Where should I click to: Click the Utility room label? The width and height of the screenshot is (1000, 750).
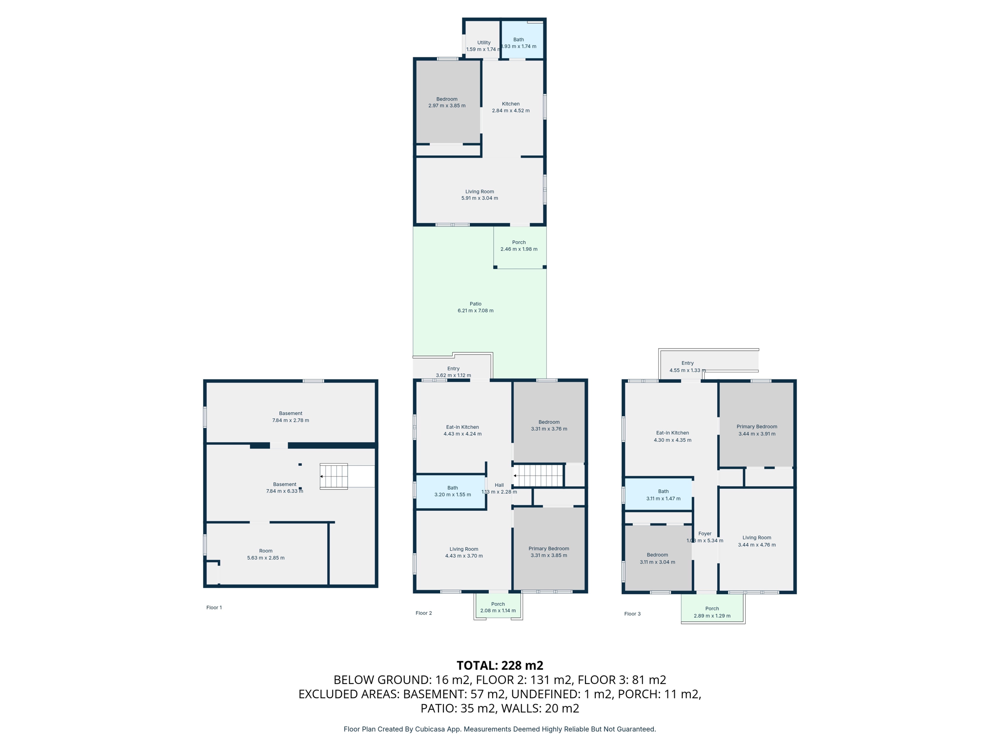(x=483, y=43)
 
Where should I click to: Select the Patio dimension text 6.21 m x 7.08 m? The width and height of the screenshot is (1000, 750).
(x=475, y=311)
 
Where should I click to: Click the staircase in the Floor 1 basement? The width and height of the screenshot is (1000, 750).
(x=334, y=476)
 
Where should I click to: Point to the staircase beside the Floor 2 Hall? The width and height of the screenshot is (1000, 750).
(x=539, y=475)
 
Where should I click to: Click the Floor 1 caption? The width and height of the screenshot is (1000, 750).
(x=214, y=607)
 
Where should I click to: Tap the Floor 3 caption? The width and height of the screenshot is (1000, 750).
(x=632, y=614)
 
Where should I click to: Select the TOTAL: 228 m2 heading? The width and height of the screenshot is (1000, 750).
(x=500, y=666)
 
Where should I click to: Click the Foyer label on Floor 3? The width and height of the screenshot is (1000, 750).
(x=705, y=534)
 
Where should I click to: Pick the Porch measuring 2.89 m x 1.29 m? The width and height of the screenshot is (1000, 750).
(x=712, y=612)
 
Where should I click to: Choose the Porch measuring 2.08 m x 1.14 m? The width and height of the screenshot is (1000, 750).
(x=498, y=607)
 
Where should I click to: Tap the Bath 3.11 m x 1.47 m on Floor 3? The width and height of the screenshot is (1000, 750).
(x=663, y=495)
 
